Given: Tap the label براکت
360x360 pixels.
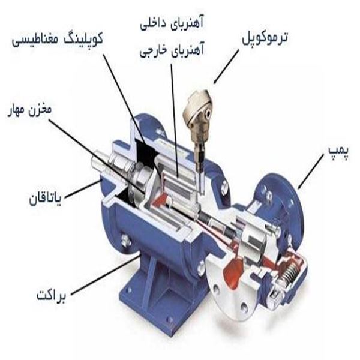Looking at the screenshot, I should click(50, 296).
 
